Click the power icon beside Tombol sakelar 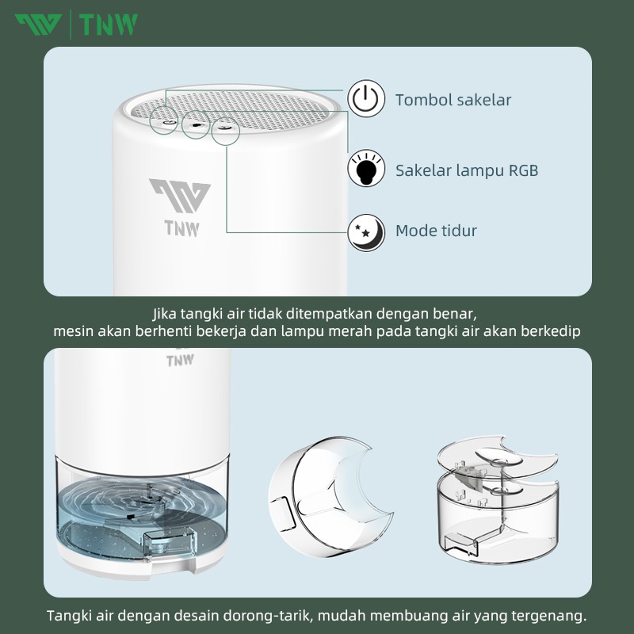(366, 98)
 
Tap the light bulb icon (366, 168)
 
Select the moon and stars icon (366, 232)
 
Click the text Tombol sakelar (453, 100)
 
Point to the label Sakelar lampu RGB (467, 170)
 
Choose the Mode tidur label (436, 231)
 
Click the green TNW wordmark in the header (109, 25)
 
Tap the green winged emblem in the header (38, 25)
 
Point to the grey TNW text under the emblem (182, 228)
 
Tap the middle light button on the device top (196, 124)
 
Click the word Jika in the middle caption (165, 313)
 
